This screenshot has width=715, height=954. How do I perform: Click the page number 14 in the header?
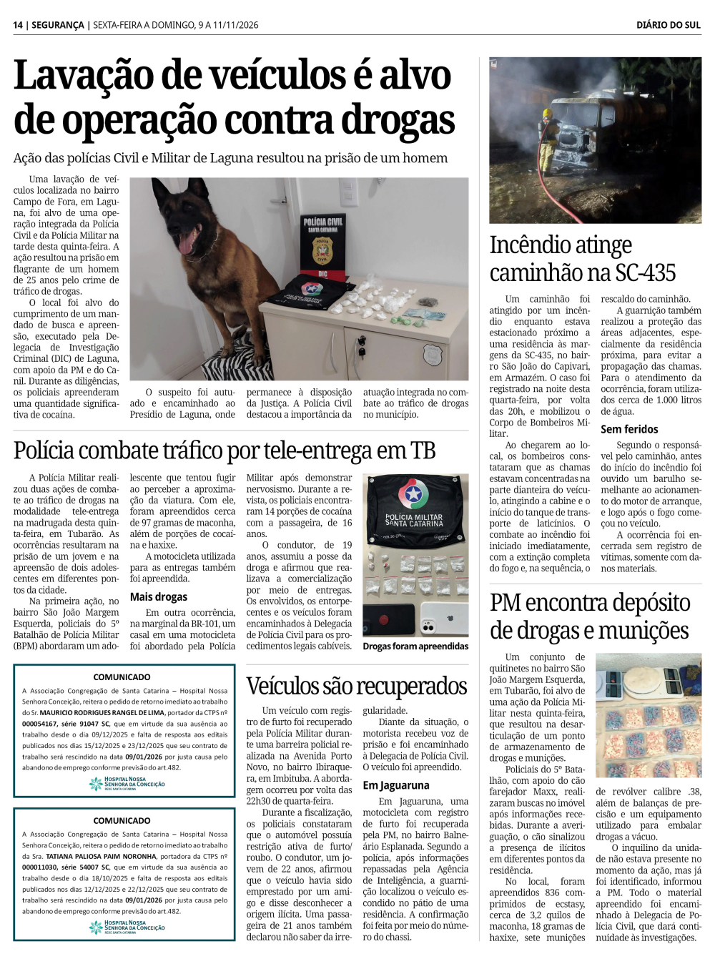tap(18, 25)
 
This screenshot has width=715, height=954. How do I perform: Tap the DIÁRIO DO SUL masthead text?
tap(668, 25)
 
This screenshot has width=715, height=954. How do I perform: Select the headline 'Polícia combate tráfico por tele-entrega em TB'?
tap(225, 451)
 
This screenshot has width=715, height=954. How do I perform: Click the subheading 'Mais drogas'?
tap(159, 596)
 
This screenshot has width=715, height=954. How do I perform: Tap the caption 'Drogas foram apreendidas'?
tap(415, 646)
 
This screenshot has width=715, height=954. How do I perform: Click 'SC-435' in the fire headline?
tap(644, 272)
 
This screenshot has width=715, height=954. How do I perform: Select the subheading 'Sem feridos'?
tap(629, 429)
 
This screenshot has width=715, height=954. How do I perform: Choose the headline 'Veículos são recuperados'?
tap(357, 686)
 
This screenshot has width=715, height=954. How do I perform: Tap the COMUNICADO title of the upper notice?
tap(122, 677)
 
